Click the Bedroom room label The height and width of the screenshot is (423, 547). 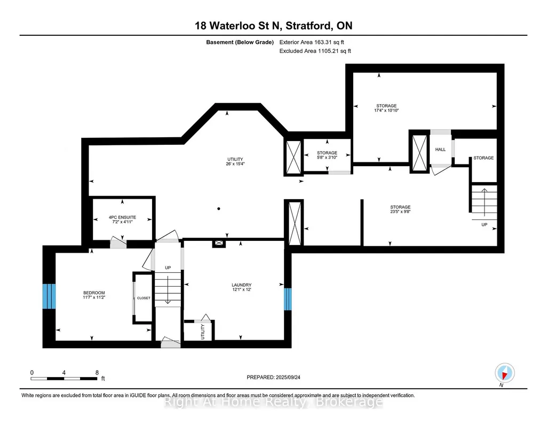94,293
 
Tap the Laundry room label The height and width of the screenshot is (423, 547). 241,285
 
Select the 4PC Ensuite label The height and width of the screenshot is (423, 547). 122,217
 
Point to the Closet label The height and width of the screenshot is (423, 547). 144,298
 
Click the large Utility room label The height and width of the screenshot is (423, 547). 235,159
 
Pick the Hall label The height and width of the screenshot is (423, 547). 440,150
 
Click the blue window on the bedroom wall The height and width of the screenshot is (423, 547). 49,296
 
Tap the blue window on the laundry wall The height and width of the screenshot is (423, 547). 288,299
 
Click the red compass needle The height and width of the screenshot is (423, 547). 504,375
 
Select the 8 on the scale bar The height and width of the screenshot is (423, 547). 97,372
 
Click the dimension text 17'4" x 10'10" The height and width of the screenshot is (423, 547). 386,110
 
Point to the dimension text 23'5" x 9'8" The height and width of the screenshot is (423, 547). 400,211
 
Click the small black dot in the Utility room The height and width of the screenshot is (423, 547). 219,209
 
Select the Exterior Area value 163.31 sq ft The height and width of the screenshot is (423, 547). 329,42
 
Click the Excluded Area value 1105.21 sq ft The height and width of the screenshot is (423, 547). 334,51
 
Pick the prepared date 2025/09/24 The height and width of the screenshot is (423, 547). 288,377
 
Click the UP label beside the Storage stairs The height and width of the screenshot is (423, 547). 484,225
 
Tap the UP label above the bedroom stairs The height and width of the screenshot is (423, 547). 168,268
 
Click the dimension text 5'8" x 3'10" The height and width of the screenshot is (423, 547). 327,158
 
